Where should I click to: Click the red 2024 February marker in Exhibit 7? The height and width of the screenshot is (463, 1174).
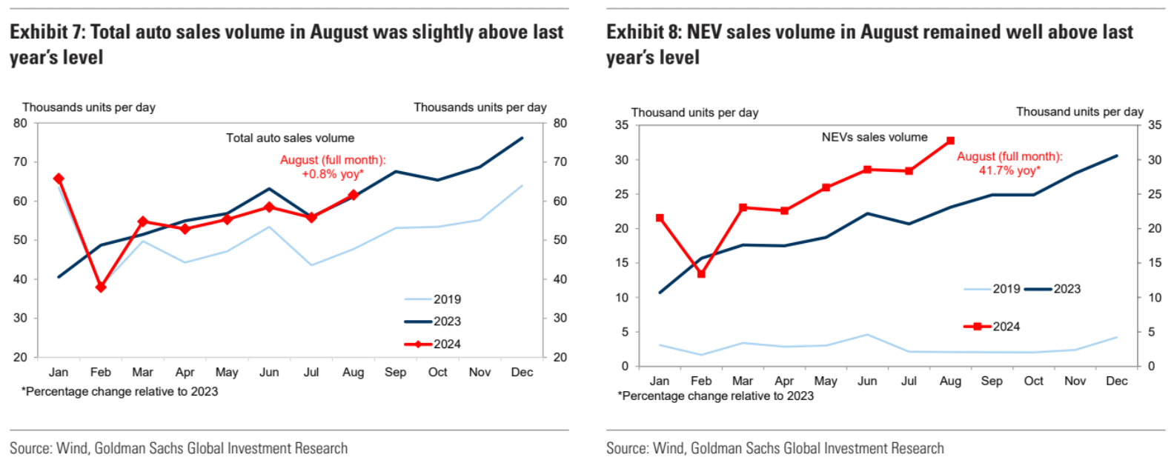[x=101, y=287]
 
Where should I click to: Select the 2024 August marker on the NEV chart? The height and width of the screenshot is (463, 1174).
[x=950, y=141]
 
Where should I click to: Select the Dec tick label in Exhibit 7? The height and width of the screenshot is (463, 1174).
[x=522, y=372]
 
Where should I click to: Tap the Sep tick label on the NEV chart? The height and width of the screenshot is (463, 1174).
[x=992, y=381]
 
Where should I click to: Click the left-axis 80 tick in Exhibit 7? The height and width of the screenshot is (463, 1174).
[x=20, y=123]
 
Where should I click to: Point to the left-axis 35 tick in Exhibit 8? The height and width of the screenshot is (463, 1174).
[x=621, y=125]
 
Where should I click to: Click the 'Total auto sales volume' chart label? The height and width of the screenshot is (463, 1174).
[x=290, y=138]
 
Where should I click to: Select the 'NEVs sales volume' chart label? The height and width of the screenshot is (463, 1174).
[x=875, y=137]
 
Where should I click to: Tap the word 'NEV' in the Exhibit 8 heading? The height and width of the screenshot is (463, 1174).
[x=706, y=33]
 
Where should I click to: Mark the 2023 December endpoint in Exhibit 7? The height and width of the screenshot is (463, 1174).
[x=522, y=138]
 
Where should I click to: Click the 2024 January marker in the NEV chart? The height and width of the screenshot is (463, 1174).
[x=660, y=219]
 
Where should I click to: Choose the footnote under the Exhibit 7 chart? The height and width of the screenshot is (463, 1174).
[x=120, y=391]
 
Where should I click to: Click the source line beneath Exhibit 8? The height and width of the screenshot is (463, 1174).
[x=775, y=448]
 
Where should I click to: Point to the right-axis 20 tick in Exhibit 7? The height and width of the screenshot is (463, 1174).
[x=560, y=357]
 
